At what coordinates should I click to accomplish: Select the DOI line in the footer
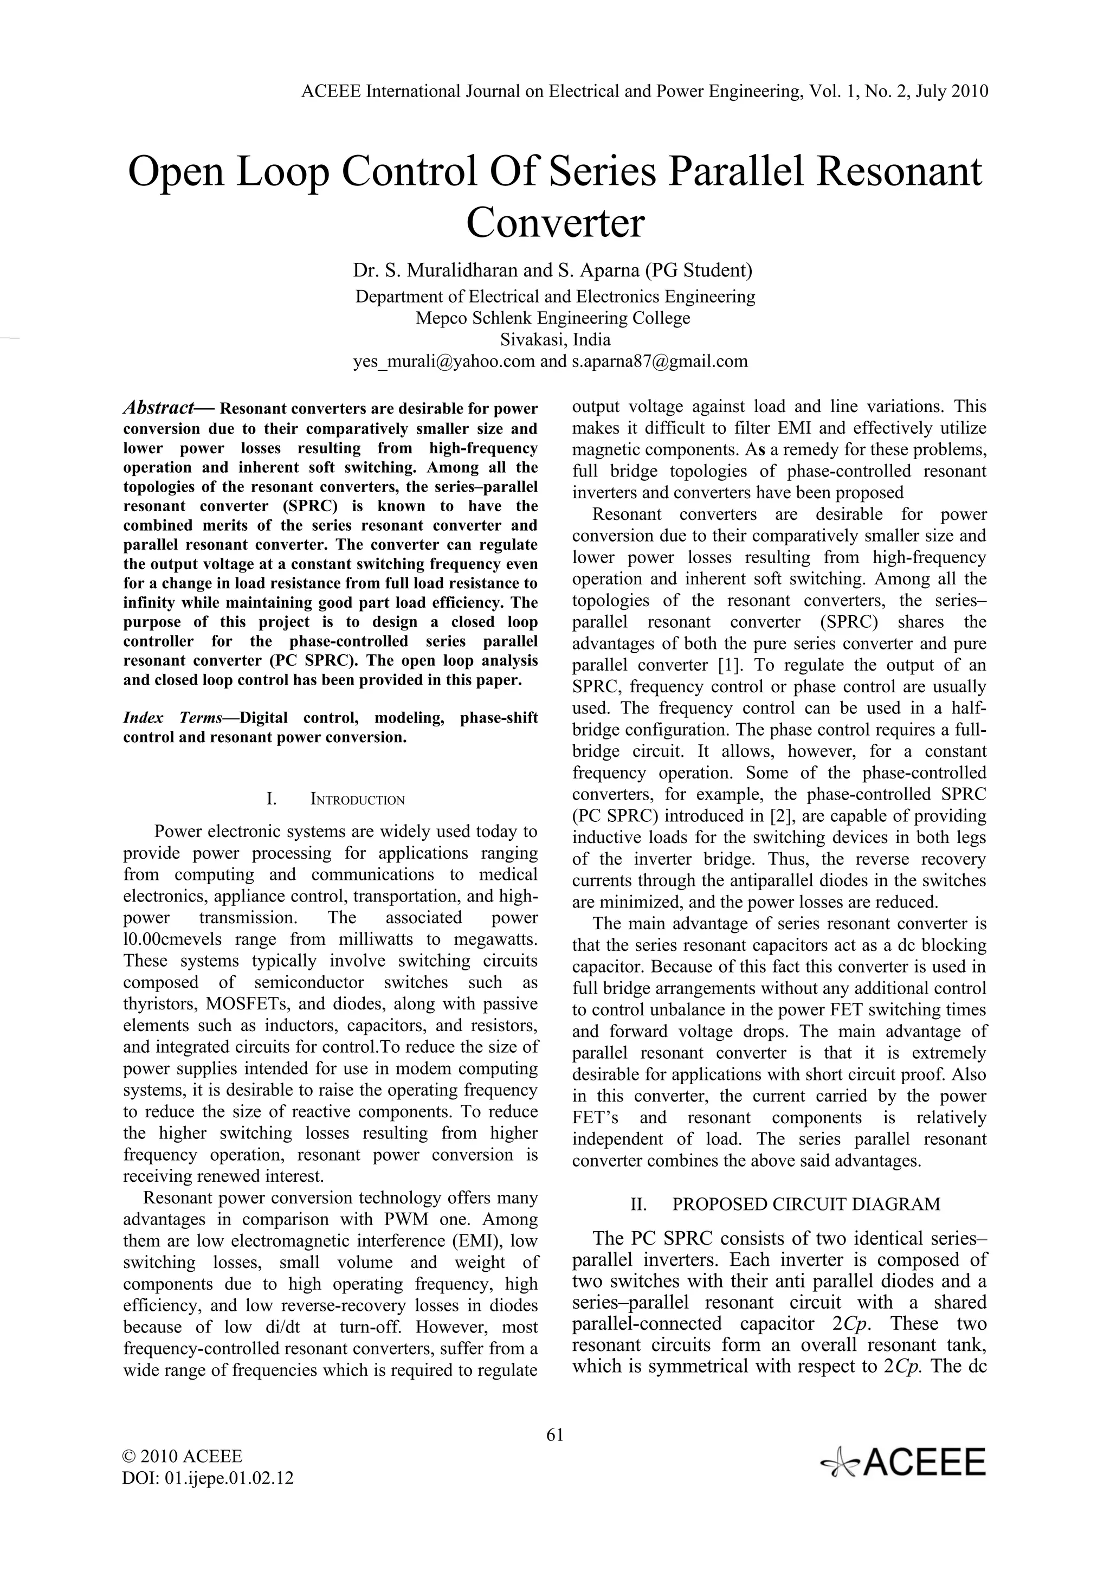[207, 1477]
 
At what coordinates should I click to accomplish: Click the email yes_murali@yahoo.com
[444, 360]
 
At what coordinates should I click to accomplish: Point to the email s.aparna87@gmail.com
[659, 360]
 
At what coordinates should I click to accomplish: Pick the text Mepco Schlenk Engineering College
[553, 318]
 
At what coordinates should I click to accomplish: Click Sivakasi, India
[554, 339]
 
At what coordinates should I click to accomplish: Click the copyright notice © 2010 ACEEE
[182, 1456]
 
